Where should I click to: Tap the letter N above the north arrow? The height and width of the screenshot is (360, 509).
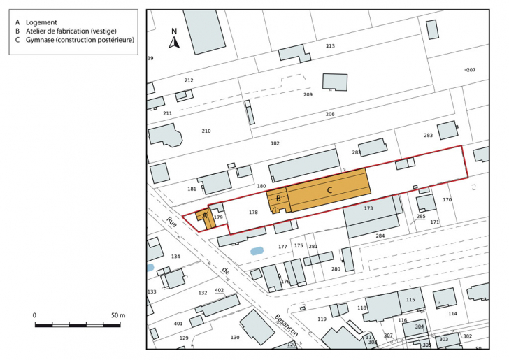[x=175, y=31]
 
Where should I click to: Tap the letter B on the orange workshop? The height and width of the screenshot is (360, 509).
[x=278, y=199]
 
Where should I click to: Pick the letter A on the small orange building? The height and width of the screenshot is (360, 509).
[x=205, y=217]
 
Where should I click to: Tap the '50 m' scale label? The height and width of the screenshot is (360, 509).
[x=117, y=316]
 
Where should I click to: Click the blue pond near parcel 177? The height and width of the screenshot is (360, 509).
[x=257, y=250]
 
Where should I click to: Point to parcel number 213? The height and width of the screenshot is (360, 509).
[x=330, y=46]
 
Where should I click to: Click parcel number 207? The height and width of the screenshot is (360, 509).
[x=471, y=70]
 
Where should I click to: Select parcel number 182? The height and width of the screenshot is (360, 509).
[x=275, y=143]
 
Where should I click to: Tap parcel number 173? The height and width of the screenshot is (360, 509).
[x=368, y=208]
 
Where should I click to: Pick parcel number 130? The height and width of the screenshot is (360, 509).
[x=235, y=337]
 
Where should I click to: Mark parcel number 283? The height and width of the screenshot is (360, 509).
[x=428, y=135]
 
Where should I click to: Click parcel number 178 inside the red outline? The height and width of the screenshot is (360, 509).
[x=253, y=212]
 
